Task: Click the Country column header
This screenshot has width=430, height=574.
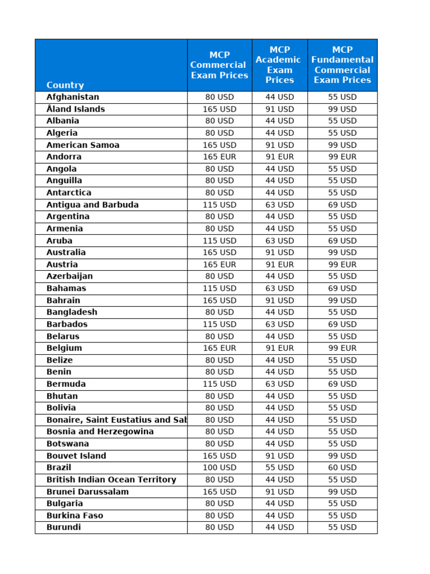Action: pyautogui.click(x=65, y=85)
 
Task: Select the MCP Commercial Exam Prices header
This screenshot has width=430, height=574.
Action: pyautogui.click(x=219, y=65)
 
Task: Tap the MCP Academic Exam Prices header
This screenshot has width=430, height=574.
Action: pyautogui.click(x=279, y=65)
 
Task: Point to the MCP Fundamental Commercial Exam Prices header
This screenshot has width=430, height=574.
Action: pyautogui.click(x=342, y=65)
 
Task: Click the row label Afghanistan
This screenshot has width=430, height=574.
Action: pyautogui.click(x=73, y=97)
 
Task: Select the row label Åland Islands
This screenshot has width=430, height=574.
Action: pyautogui.click(x=76, y=109)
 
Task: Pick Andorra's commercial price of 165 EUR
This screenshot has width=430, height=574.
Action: pyautogui.click(x=219, y=157)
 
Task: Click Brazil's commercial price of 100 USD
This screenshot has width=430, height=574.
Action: pyautogui.click(x=219, y=467)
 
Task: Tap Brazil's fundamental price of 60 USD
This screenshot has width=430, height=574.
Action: pyautogui.click(x=342, y=467)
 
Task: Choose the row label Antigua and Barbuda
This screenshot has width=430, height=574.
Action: pyautogui.click(x=92, y=205)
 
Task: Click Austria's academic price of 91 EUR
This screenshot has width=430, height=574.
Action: pyautogui.click(x=279, y=265)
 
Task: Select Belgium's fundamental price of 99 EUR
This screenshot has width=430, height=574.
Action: pyautogui.click(x=342, y=348)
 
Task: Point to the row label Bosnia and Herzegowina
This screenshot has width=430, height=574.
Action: pyautogui.click(x=100, y=432)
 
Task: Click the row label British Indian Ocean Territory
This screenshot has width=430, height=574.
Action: pyautogui.click(x=111, y=480)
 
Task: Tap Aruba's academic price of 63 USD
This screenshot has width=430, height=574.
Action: pyautogui.click(x=279, y=240)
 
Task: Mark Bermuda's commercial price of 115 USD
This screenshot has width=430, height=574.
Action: pyautogui.click(x=219, y=384)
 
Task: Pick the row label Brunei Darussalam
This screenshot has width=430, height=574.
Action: pyautogui.click(x=87, y=492)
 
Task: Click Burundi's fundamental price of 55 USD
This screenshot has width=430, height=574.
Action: pyautogui.click(x=342, y=527)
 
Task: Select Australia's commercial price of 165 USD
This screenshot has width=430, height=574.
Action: pyautogui.click(x=219, y=252)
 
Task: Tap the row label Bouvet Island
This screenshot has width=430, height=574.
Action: pyautogui.click(x=76, y=456)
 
